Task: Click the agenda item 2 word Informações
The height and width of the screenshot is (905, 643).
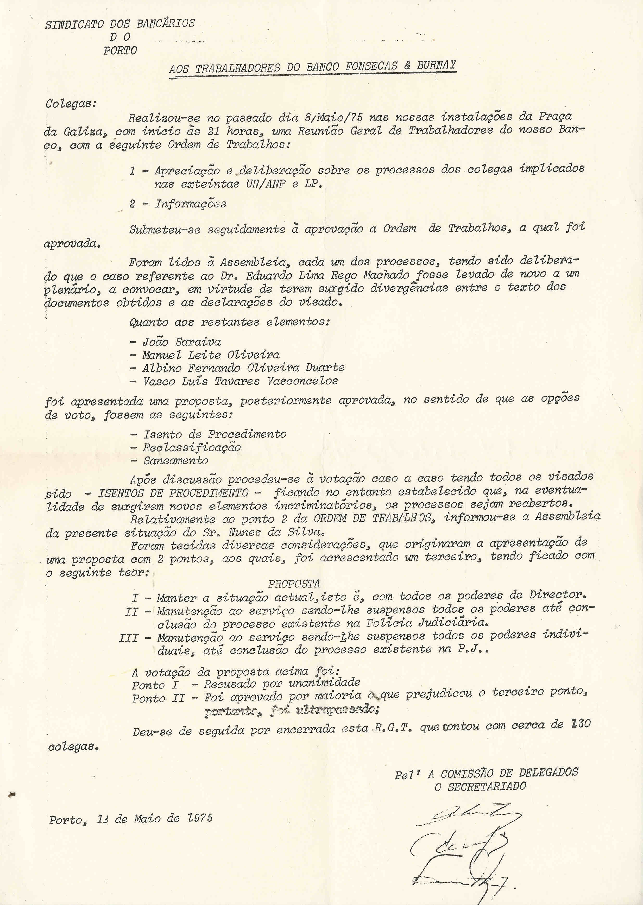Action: coord(191,204)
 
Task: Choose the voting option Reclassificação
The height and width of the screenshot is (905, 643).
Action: coord(192,447)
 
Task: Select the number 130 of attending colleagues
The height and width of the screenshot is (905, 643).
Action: coord(580,724)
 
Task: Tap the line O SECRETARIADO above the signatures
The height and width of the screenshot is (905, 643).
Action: coord(480,786)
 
